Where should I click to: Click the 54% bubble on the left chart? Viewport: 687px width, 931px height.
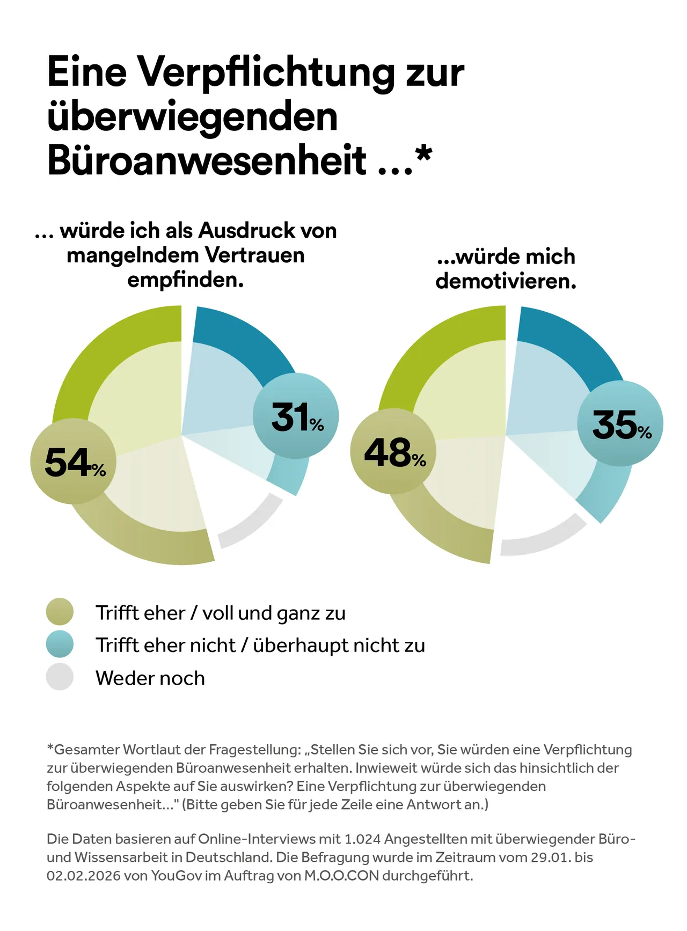click(x=74, y=461)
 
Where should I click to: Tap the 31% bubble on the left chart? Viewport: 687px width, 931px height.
click(x=296, y=416)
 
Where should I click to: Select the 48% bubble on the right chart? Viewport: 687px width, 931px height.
click(x=393, y=451)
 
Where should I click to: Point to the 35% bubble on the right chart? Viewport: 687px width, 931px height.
click(x=620, y=424)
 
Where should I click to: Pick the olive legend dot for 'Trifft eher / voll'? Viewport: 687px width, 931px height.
click(x=60, y=612)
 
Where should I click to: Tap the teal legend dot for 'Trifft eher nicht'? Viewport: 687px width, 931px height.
click(x=60, y=644)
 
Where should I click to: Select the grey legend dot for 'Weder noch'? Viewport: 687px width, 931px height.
click(x=60, y=677)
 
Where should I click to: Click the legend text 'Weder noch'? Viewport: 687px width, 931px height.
click(x=150, y=678)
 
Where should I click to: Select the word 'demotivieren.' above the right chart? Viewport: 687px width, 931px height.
click(x=506, y=281)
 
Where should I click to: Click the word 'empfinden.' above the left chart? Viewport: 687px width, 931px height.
click(x=186, y=280)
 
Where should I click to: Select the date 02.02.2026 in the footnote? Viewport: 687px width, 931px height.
click(x=83, y=876)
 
